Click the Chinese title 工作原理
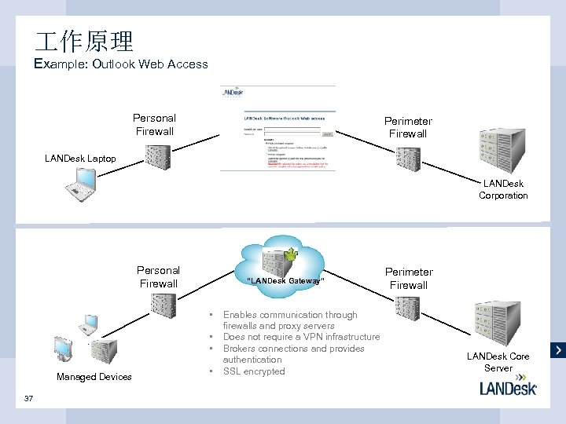[x=84, y=41]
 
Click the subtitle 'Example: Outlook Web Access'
[x=122, y=64]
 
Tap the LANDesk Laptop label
[x=80, y=159]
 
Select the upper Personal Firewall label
[x=154, y=125]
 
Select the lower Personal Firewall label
[x=158, y=277]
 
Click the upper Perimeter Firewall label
[x=408, y=127]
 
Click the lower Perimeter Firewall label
[x=409, y=279]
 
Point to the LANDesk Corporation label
[x=503, y=189]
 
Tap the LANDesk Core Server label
[x=498, y=362]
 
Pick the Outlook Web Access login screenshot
[x=277, y=128]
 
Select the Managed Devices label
[x=94, y=377]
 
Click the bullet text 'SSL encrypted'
[x=254, y=371]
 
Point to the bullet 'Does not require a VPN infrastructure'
[x=301, y=337]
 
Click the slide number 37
[x=29, y=398]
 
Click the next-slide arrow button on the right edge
[x=558, y=349]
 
